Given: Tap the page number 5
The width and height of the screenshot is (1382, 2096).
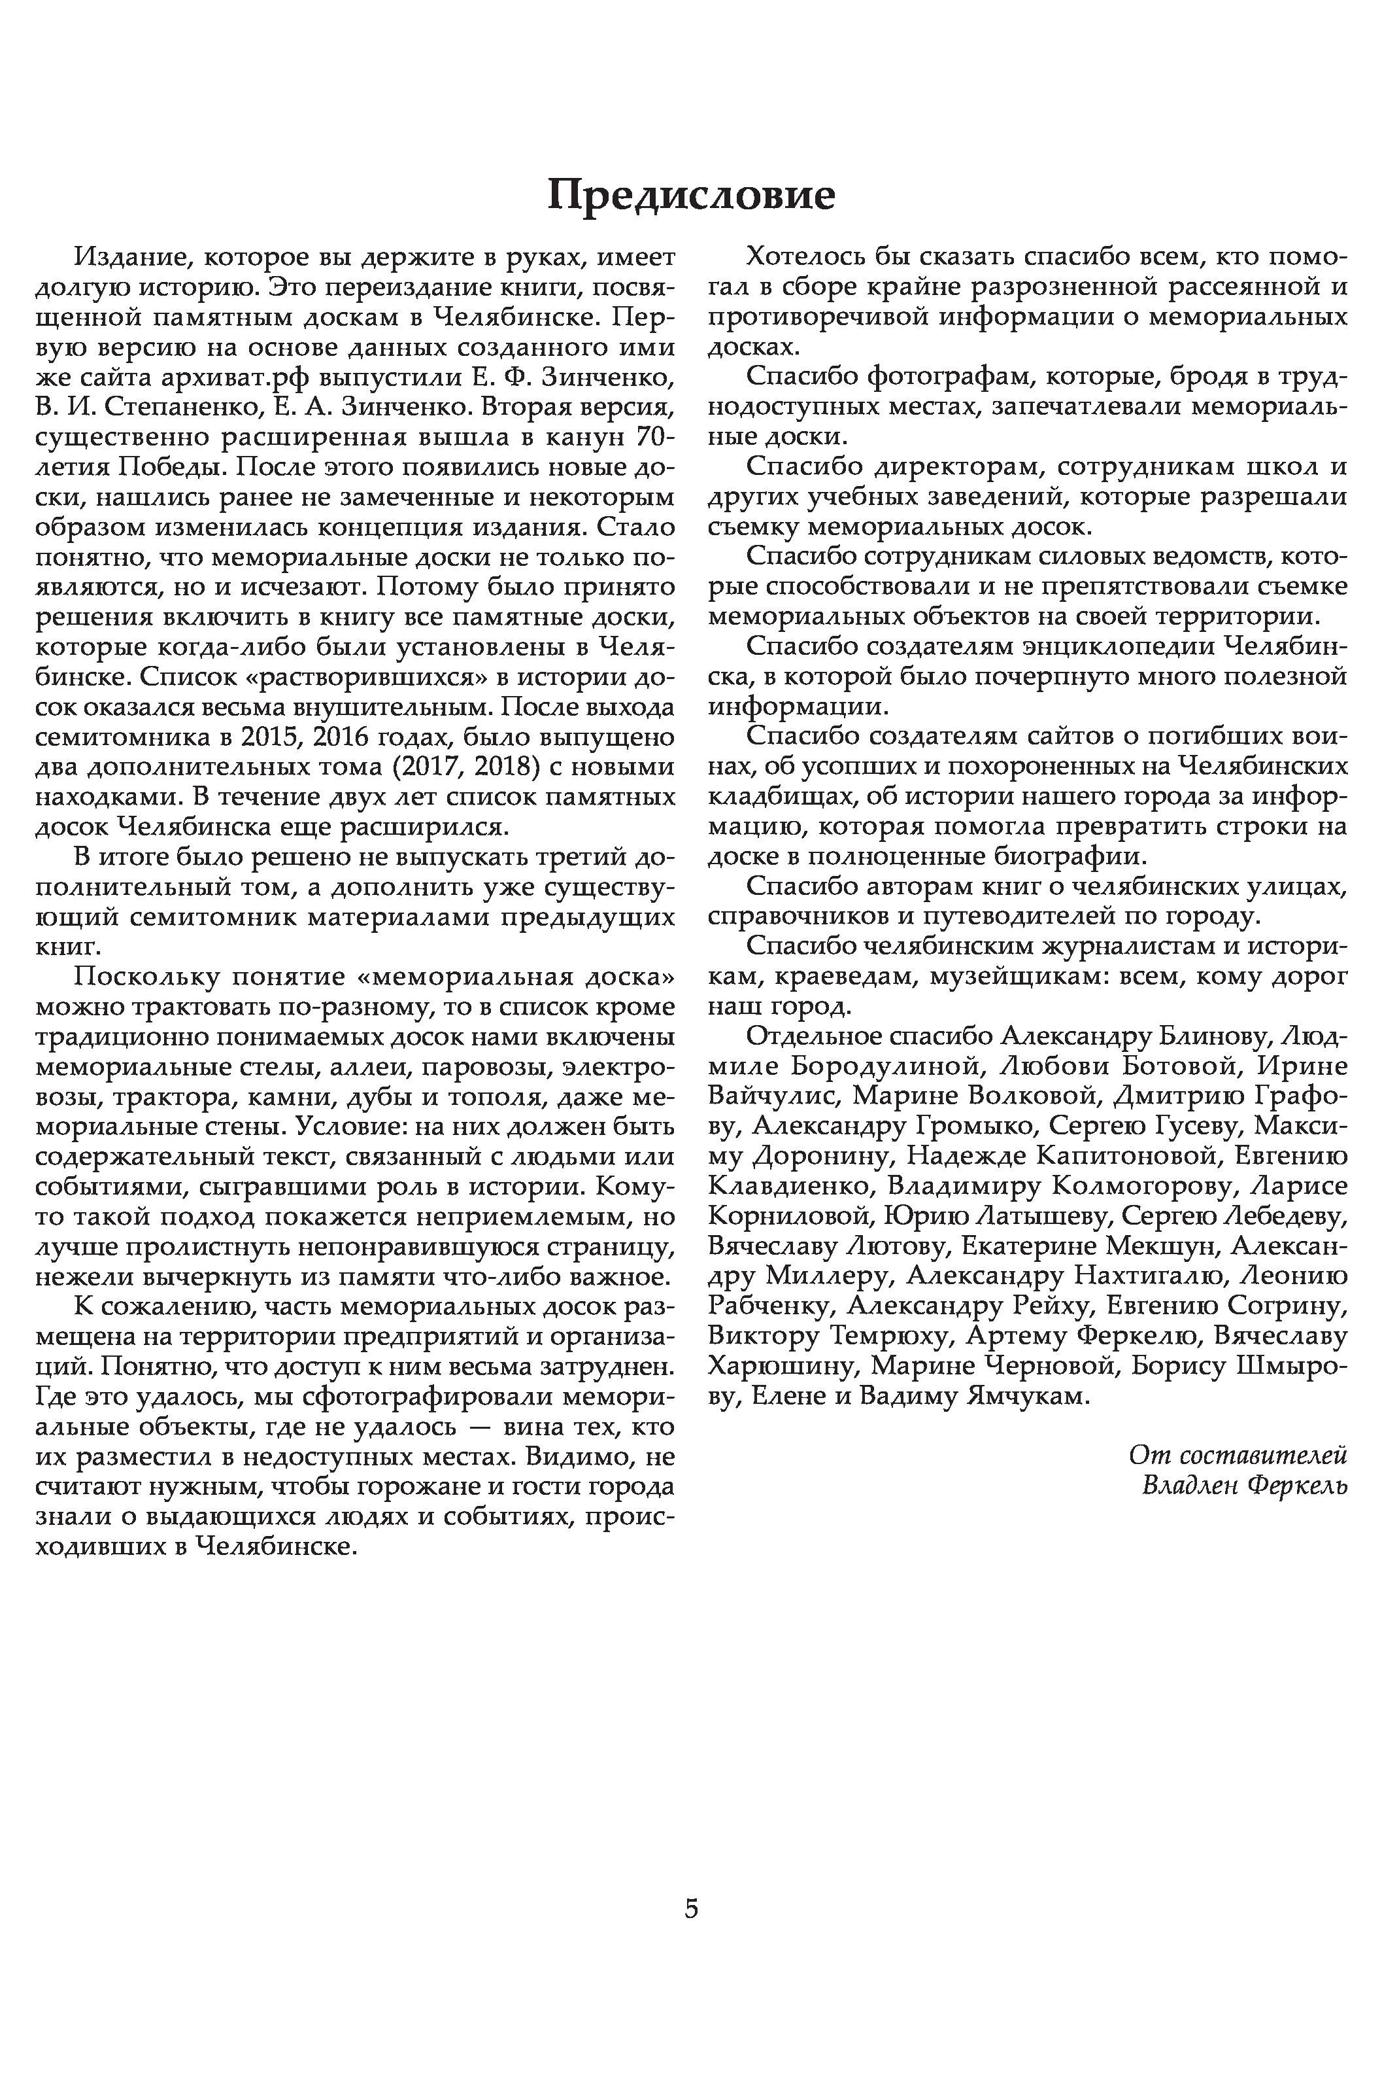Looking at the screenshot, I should point(691,1908).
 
